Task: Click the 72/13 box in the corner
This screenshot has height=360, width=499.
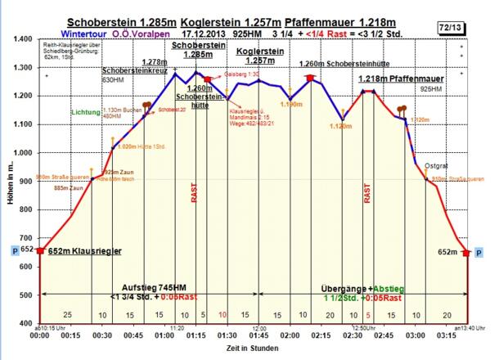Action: pyautogui.click(x=473, y=28)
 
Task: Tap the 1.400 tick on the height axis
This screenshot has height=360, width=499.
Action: pyautogui.click(x=20, y=39)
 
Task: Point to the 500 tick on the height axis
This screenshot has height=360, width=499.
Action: pyautogui.click(x=23, y=295)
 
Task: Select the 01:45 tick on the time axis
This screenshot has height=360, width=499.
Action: pyautogui.click(x=258, y=335)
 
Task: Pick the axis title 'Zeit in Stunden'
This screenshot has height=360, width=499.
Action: pyautogui.click(x=253, y=349)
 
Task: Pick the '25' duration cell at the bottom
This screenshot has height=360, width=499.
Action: pyautogui.click(x=67, y=315)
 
